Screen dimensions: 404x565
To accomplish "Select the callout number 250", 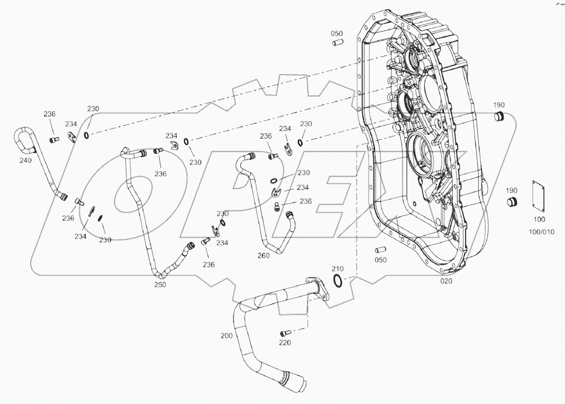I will [x=160, y=284].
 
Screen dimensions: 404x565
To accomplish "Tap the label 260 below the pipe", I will [x=263, y=255].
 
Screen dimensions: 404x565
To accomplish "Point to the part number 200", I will [x=226, y=335].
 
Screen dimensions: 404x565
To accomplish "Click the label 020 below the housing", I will [x=446, y=281].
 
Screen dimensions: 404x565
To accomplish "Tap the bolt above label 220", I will [x=285, y=333].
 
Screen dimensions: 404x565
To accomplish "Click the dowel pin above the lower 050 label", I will [x=380, y=250].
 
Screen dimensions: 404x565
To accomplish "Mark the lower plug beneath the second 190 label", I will [x=512, y=202].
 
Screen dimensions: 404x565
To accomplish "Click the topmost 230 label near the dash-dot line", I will [x=93, y=109].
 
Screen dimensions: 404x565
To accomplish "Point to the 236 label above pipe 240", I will [x=49, y=114].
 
